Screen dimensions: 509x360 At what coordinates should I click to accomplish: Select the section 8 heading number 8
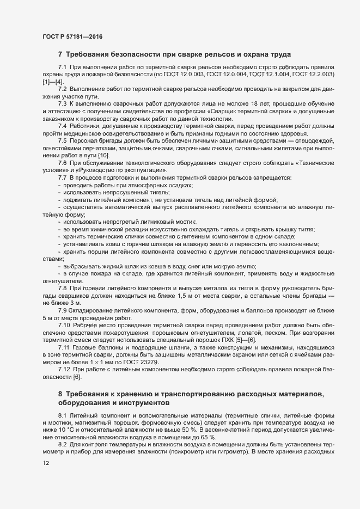click(x=60, y=393)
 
